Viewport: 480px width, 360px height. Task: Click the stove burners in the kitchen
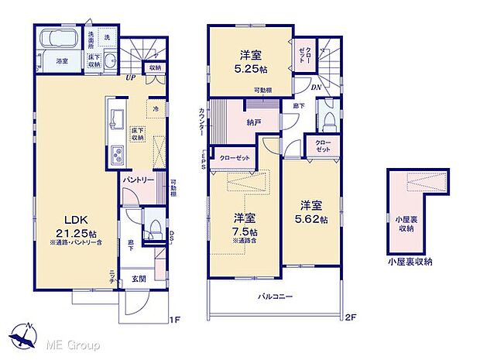[x=118, y=154]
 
